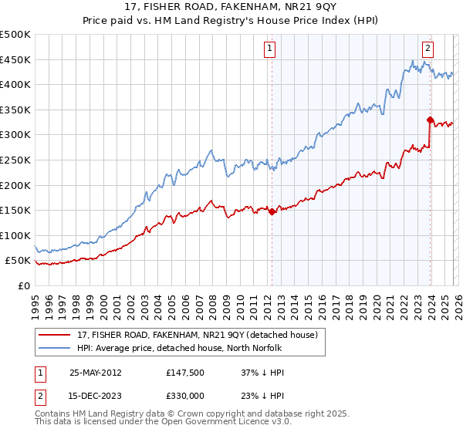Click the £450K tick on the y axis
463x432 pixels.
(15, 59)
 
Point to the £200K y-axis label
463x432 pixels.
(15, 185)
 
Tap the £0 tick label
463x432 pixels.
(23, 285)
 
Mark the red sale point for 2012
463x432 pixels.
(272, 211)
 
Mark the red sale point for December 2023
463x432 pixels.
(429, 120)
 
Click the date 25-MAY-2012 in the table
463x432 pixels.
(96, 372)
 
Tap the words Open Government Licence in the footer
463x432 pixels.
(200, 423)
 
